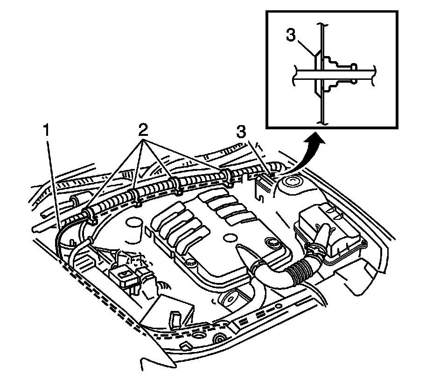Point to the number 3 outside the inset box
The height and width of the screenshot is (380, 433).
241,132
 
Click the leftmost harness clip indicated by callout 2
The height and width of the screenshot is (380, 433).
87,215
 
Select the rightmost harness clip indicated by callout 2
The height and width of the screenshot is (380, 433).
228,176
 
